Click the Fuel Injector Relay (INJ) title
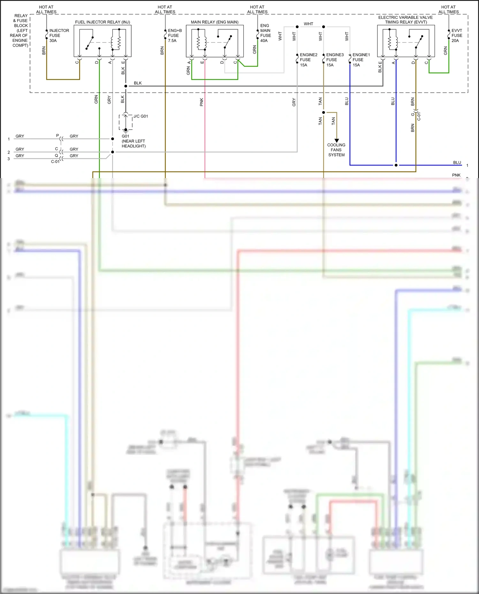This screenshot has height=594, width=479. pos(103,22)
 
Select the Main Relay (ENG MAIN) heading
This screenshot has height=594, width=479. pos(215,22)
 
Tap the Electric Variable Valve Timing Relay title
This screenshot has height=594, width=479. pos(406,20)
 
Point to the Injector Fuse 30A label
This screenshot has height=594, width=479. pos(59,35)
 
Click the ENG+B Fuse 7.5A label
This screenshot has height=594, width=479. pos(175,35)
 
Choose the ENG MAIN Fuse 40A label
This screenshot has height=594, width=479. pos(265,33)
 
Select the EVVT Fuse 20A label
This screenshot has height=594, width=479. pos(457,35)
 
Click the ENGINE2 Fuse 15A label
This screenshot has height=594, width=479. pos(308,60)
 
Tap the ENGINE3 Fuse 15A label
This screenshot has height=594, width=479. pos(335,60)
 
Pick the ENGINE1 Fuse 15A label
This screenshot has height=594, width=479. pos(361,60)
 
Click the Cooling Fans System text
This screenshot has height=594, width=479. pos(336,150)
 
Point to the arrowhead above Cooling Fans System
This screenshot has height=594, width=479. pos(337,140)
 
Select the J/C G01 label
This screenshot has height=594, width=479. pos(141,116)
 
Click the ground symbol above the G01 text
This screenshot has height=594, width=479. pos(126,131)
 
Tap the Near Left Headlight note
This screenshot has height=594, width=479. pos(133,144)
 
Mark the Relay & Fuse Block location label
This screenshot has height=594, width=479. pos(20,30)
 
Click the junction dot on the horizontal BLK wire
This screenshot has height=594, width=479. pos(126,86)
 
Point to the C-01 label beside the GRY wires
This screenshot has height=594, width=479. pos(55,162)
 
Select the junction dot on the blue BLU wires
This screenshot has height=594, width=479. pos(396,165)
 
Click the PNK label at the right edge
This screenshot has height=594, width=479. pos(456,175)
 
